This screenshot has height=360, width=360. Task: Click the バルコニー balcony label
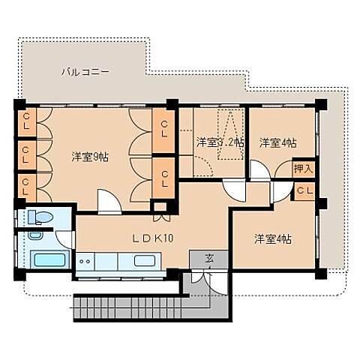pos(85,73)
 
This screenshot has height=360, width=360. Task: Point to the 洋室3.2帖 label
pos(220,142)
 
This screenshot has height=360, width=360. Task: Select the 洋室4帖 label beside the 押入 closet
pos(277,142)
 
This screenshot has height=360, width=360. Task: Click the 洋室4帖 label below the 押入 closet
pos(272,238)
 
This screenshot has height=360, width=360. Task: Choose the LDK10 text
pos(153,238)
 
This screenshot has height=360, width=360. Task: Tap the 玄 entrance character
pos(210,259)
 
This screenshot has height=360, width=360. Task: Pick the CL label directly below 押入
pos(303,191)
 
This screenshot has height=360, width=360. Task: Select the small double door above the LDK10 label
pos(160,217)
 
